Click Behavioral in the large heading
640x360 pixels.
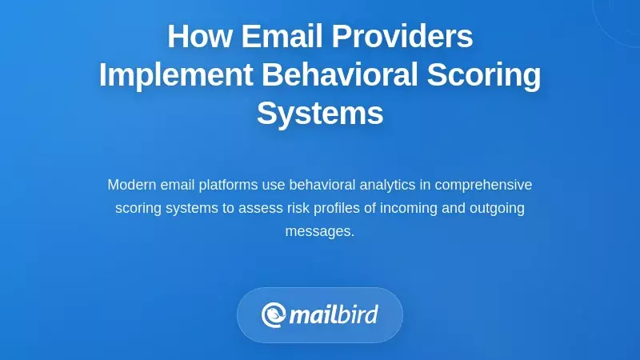coord(340,75)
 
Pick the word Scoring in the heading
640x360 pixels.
coord(485,75)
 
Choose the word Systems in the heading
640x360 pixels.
coord(320,114)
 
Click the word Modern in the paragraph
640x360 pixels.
coord(131,185)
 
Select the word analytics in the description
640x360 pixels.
coord(385,185)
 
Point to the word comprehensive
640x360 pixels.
coord(484,185)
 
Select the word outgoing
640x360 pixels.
coord(498,208)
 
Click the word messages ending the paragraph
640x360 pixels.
coord(319,231)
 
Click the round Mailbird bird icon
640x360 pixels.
coord(274,314)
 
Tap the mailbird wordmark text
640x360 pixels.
coord(334,314)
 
